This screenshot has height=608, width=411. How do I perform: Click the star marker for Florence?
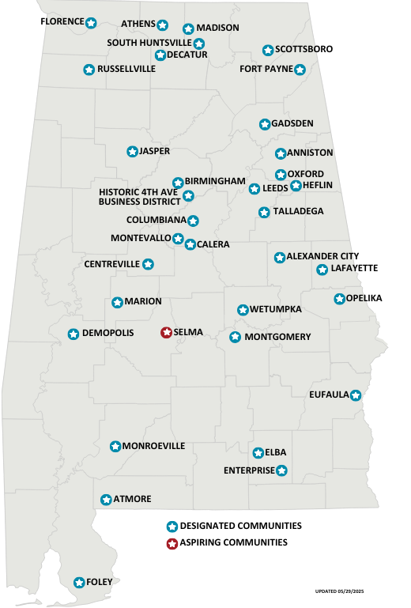click(91, 23)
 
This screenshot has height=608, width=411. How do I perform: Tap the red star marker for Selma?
click(166, 333)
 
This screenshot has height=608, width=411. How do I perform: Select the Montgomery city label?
click(277, 338)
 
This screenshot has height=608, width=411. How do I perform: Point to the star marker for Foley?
click(79, 583)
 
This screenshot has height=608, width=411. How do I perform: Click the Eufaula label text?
click(329, 395)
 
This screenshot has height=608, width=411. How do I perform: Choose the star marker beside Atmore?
click(107, 500)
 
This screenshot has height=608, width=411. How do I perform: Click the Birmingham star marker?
click(178, 183)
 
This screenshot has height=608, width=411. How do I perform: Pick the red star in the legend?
click(172, 543)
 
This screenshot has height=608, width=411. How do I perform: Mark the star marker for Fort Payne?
click(300, 70)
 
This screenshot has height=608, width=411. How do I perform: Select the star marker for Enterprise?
click(282, 470)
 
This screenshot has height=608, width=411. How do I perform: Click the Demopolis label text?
click(108, 334)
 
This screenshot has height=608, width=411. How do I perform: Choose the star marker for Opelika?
click(339, 299)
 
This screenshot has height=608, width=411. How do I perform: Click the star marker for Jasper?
click(132, 151)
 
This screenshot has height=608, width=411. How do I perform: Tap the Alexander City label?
click(322, 257)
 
